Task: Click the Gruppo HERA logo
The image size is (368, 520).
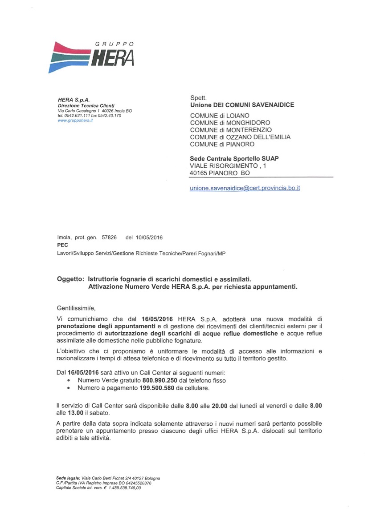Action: click(x=91, y=56)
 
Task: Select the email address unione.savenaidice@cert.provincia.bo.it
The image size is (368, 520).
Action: click(x=245, y=188)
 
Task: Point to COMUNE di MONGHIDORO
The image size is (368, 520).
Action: click(x=230, y=123)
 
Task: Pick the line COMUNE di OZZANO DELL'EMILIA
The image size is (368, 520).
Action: click(x=240, y=137)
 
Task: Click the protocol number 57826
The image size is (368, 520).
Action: click(x=109, y=238)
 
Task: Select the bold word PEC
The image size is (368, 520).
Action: click(x=62, y=245)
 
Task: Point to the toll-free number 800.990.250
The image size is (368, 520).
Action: click(x=159, y=380)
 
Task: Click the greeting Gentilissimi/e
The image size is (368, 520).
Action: click(x=76, y=308)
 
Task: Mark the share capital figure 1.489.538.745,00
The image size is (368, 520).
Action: click(x=125, y=488)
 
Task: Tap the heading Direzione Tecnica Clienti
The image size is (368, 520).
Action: click(x=80, y=105)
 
